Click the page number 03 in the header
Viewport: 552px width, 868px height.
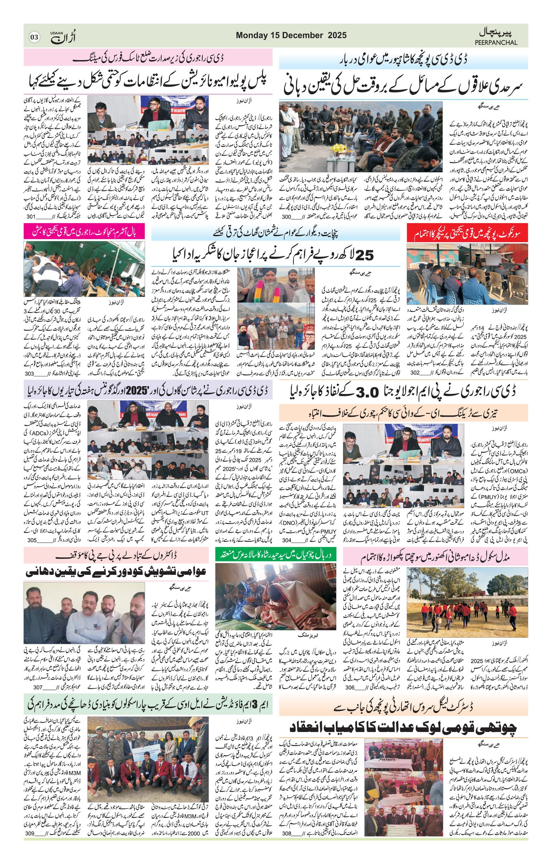[34, 37]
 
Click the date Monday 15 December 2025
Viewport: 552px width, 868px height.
[291, 35]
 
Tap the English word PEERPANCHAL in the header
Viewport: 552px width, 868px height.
[496, 42]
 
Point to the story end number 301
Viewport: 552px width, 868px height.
[31, 217]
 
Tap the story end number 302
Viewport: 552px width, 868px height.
[415, 373]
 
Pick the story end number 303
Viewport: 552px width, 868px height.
[30, 373]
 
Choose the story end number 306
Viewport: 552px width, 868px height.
[349, 687]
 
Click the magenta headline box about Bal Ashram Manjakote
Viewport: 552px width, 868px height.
[84, 231]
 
